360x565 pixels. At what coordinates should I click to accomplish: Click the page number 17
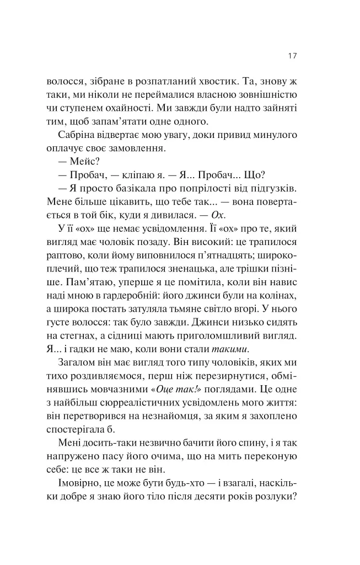point(293,56)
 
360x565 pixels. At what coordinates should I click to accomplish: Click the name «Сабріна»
point(77,135)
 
